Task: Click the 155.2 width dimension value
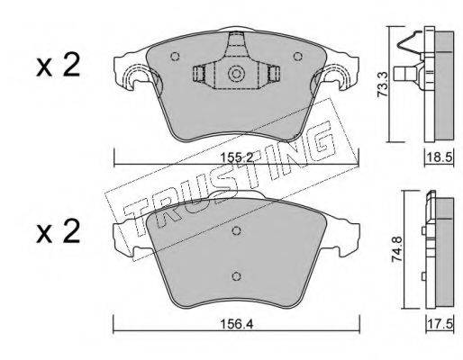[237, 157]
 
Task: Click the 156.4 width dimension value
[237, 324]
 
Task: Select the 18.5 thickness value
[440, 157]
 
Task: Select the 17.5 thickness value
[440, 324]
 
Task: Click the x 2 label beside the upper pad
[59, 65]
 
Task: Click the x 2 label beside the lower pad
[59, 231]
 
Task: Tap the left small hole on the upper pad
[175, 57]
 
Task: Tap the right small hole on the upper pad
[297, 56]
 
